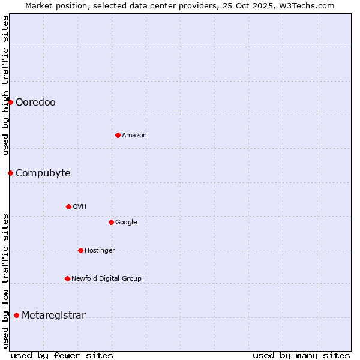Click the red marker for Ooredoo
(10, 102)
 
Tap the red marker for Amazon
(118, 135)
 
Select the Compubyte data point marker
(10, 173)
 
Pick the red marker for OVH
(68, 206)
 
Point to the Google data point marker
(111, 222)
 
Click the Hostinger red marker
(80, 250)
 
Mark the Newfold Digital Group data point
(67, 278)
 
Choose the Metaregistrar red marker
(16, 315)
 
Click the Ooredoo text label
(35, 103)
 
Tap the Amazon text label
(134, 136)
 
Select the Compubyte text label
(43, 173)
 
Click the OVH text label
(80, 207)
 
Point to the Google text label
(126, 223)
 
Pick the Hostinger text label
(100, 251)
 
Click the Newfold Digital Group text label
(106, 279)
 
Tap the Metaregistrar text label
(53, 316)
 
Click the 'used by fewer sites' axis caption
(62, 355)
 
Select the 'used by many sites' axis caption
(301, 355)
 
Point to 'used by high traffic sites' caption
(5, 85)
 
